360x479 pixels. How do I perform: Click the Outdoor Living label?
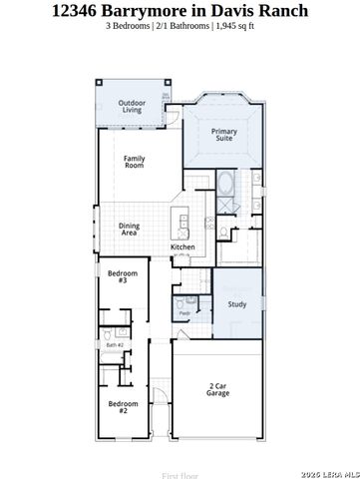tap(133, 107)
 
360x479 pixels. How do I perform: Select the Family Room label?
tap(134, 163)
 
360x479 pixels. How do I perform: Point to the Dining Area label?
tap(129, 229)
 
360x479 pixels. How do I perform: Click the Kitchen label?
tap(181, 246)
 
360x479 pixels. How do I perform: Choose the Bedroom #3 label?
tap(122, 276)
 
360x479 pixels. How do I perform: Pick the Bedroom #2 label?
tap(122, 406)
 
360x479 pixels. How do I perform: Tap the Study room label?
tap(236, 304)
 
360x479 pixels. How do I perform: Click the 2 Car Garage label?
tap(218, 389)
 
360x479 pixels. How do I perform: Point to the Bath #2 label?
tap(114, 344)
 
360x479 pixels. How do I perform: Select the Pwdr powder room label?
tap(184, 313)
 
